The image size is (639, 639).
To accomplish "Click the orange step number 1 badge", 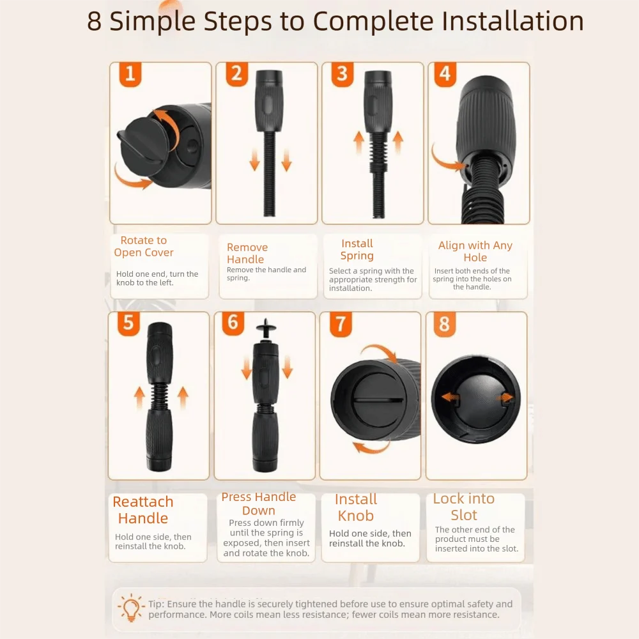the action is point(130,74).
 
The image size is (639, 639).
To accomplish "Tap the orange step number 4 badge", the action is point(445,74).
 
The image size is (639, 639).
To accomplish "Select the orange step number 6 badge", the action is point(233,323).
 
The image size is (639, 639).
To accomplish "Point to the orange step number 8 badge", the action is point(445,325).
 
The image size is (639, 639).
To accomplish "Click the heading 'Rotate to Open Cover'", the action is point(144,246).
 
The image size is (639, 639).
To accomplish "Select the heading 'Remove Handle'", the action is point(247,253).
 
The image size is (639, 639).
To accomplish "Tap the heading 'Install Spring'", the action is point(357,249).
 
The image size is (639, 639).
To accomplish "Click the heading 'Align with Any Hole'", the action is point(475,251).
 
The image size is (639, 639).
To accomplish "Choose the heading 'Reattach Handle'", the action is point(143,510).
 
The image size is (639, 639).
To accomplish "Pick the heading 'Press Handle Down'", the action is point(259,504).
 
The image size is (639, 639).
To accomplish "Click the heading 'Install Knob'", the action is point(356,507).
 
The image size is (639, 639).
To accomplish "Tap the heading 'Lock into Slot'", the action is point(464,507).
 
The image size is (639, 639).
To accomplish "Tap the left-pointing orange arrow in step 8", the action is point(450,397).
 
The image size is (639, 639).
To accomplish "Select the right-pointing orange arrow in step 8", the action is point(505,397).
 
